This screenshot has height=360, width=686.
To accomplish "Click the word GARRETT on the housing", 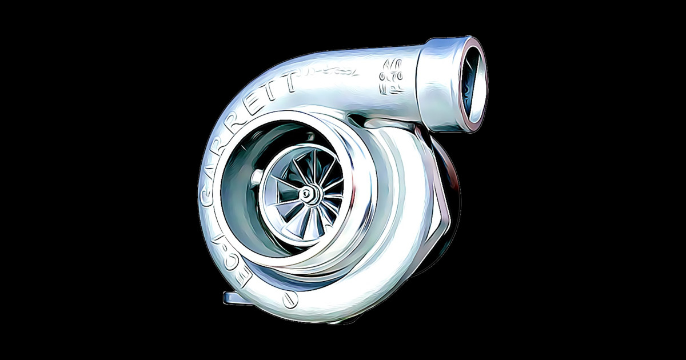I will pyautogui.click(x=240, y=126).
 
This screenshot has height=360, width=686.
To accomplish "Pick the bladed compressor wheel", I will pyautogui.click(x=306, y=194).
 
